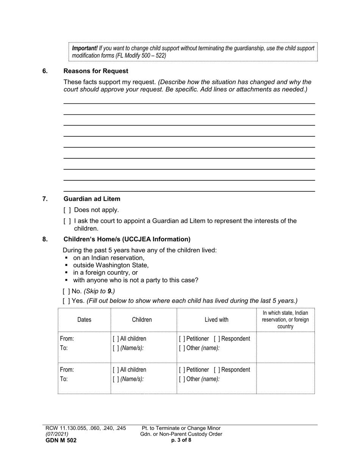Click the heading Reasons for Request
[x=96, y=71]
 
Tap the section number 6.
[x=45, y=71]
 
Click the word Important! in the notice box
[x=85, y=48]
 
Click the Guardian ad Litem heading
[x=92, y=199]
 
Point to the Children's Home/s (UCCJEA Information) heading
[x=127, y=239]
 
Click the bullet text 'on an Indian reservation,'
[x=109, y=258]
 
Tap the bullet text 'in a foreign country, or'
[x=105, y=273]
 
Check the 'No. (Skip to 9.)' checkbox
[x=66, y=291]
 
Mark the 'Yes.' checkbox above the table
[x=66, y=301]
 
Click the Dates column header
[x=84, y=320]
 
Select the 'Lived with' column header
[x=216, y=320]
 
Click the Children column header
[x=142, y=320]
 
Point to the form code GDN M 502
[x=61, y=440]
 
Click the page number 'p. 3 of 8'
[x=181, y=440]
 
